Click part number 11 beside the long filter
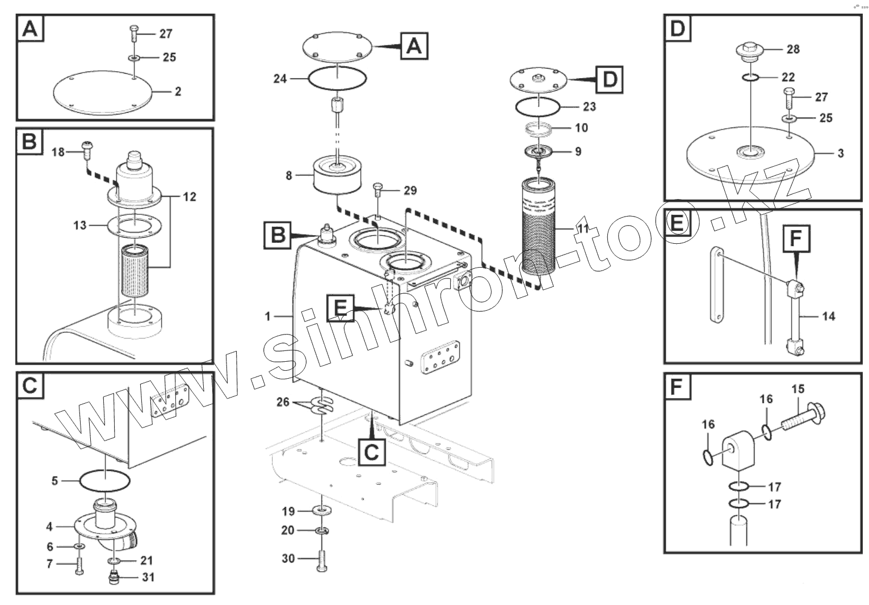coord(583,229)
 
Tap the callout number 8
coord(289,176)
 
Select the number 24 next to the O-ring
coord(280,79)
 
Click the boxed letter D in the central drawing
coord(609,79)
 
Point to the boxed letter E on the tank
coord(340,308)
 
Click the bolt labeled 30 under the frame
coord(322,560)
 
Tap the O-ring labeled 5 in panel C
coord(105,481)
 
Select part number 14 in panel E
coord(829,316)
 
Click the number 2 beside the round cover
coord(178,91)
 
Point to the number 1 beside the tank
coord(268,316)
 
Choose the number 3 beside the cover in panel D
coord(841,153)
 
